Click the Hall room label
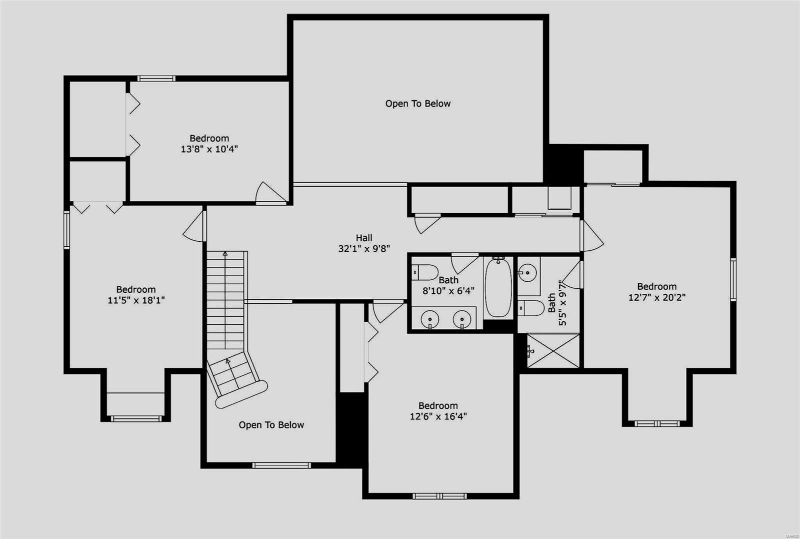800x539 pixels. click(364, 238)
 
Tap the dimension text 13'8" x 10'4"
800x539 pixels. click(209, 149)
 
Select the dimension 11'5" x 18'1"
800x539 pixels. click(136, 300)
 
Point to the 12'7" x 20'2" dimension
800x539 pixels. click(656, 297)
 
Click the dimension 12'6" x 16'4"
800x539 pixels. click(438, 416)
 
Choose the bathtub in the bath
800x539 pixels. click(498, 288)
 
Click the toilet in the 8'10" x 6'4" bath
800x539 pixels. click(424, 272)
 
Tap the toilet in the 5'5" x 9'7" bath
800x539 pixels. click(530, 308)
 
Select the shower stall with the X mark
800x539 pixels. click(553, 350)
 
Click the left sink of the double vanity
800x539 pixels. click(429, 319)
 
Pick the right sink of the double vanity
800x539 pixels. click(462, 319)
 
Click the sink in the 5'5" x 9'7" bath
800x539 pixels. click(527, 273)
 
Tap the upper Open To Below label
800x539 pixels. click(417, 104)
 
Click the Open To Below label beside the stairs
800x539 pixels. click(271, 425)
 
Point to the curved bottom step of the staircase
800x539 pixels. click(242, 394)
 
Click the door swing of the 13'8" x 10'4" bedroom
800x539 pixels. click(270, 193)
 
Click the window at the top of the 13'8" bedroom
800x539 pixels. click(156, 78)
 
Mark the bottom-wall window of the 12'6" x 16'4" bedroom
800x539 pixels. click(439, 496)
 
